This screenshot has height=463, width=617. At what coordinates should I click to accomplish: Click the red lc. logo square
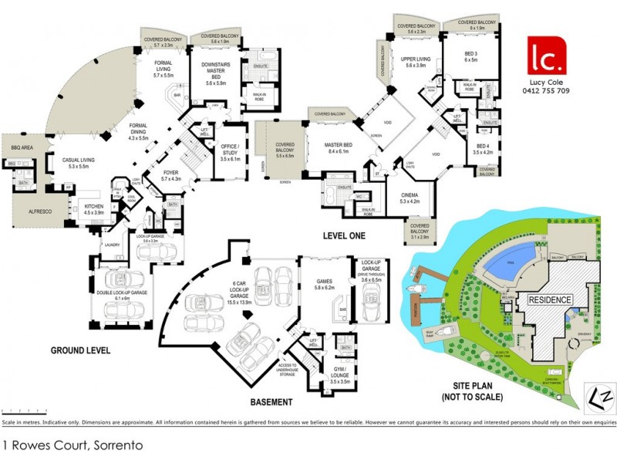[x=546, y=56]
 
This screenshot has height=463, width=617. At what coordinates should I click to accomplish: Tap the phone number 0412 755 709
[x=546, y=90]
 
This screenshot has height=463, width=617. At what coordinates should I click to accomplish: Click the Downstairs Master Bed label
[x=211, y=73]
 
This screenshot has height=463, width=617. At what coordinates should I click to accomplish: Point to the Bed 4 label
[x=484, y=149]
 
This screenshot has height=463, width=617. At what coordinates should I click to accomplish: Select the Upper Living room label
[x=415, y=62]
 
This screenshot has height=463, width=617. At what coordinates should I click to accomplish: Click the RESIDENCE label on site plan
[x=550, y=299]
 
